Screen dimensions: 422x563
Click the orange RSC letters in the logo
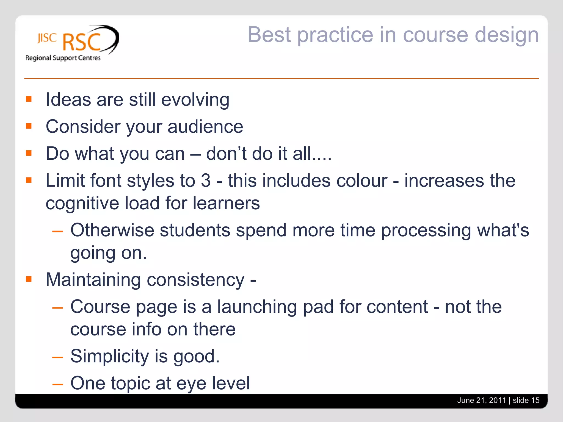tap(82, 42)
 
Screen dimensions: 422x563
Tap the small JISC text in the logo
tap(47, 38)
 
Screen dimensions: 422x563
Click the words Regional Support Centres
tap(63, 58)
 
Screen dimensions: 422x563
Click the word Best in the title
tap(269, 35)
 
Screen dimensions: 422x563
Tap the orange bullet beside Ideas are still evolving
tap(29, 99)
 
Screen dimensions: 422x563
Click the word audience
tap(205, 127)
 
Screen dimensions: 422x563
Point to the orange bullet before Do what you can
tap(29, 153)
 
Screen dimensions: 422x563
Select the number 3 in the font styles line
tap(206, 181)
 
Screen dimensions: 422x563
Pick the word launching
tap(257, 307)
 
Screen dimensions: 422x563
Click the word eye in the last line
tap(191, 384)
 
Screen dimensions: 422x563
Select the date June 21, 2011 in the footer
tap(481, 400)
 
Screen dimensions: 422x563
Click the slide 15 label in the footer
tap(526, 400)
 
